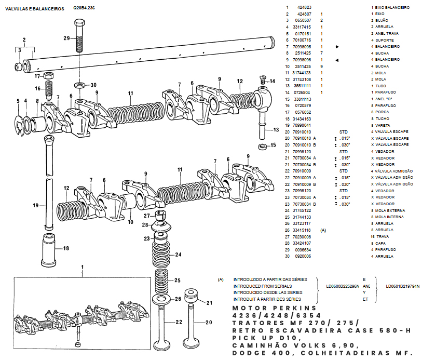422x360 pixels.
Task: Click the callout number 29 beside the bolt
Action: click(66, 38)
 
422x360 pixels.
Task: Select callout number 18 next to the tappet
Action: click(66, 249)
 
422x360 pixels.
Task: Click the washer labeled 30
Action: click(79, 84)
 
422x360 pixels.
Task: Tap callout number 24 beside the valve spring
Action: click(178, 255)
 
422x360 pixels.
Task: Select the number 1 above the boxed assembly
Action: click(82, 268)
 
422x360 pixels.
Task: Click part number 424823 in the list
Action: click(304, 7)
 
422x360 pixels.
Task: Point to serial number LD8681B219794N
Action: click(403, 286)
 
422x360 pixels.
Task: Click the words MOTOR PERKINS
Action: click(257, 309)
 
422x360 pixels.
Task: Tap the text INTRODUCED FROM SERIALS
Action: click(262, 286)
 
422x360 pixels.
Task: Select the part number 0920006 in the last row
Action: click(304, 256)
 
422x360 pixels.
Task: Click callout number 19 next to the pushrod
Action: click(36, 206)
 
